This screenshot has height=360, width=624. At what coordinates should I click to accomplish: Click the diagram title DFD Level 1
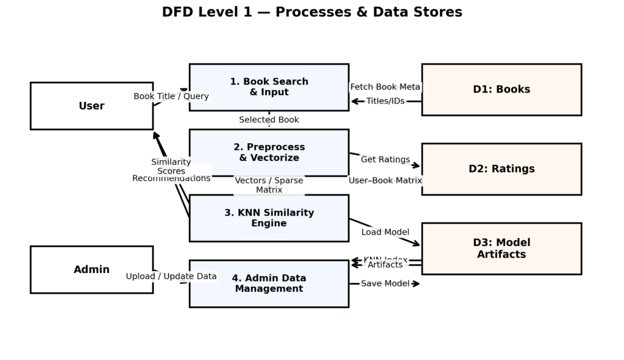click(x=311, y=12)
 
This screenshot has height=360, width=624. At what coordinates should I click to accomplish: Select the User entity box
click(x=91, y=106)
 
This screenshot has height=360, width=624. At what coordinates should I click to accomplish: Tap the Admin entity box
click(x=91, y=269)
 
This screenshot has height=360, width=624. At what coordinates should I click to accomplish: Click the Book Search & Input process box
click(x=269, y=87)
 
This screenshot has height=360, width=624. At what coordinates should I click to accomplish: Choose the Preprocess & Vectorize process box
click(x=269, y=152)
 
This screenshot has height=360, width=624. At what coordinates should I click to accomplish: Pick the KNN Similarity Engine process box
click(x=269, y=218)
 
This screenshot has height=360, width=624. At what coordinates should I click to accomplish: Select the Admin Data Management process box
click(x=269, y=283)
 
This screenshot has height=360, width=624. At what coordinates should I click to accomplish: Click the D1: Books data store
click(x=501, y=90)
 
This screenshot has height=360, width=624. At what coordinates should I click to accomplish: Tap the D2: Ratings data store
click(x=501, y=169)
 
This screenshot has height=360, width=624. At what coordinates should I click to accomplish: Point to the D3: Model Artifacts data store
click(x=501, y=249)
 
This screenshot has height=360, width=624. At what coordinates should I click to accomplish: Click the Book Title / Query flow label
click(x=171, y=96)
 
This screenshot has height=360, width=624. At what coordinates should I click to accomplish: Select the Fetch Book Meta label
click(x=385, y=87)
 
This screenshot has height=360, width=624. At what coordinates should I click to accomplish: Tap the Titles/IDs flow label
click(x=385, y=101)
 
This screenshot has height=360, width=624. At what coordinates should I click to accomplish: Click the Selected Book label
click(x=269, y=120)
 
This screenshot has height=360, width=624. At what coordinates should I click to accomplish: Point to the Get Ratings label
click(x=385, y=160)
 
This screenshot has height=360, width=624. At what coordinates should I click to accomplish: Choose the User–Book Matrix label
click(x=385, y=180)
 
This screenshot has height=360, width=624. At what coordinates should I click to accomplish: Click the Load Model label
click(x=385, y=232)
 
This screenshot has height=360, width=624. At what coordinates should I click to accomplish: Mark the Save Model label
click(x=385, y=284)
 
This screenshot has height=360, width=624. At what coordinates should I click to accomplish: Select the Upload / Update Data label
click(x=171, y=277)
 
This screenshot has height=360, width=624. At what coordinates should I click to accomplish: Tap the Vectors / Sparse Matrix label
click(x=269, y=185)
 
